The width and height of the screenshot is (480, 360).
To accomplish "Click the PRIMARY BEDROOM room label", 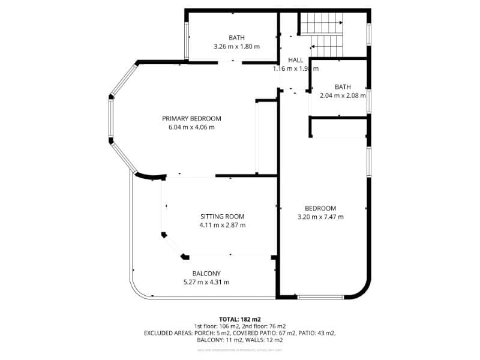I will [x=191, y=118].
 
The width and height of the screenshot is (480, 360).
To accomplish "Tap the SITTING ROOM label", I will [x=222, y=217].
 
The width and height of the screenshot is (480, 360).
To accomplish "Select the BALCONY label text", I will [x=206, y=274].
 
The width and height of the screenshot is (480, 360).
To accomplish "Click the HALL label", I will [x=295, y=61].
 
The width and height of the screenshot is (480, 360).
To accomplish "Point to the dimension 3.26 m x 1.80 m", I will [x=236, y=46].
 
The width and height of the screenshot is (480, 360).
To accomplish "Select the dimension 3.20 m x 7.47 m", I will [x=320, y=217].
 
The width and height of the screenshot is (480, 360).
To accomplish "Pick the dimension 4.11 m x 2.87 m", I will [x=222, y=226].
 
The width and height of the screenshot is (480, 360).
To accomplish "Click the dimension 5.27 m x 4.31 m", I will [x=206, y=283].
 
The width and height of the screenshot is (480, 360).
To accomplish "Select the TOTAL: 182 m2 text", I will [x=240, y=319].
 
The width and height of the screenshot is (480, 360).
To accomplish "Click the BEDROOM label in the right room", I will [x=320, y=208].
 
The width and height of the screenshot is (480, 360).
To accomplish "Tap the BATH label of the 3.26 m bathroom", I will [x=236, y=37].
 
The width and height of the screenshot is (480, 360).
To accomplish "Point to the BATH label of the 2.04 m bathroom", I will [x=343, y=86].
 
